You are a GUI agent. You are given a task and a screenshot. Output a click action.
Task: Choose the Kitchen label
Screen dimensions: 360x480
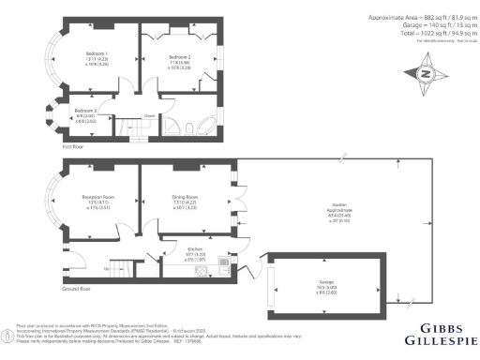[170, 248]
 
